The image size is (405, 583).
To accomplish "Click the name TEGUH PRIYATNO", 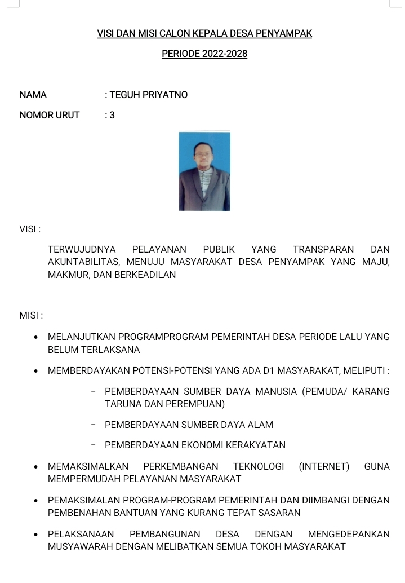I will [149, 95].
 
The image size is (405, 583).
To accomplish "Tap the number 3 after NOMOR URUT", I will [112, 116].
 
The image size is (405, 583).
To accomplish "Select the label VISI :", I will [30, 229].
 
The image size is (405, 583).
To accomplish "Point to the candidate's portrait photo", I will [204, 171].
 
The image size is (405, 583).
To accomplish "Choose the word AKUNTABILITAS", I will [84, 262].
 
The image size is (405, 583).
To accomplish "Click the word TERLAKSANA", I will [110, 350].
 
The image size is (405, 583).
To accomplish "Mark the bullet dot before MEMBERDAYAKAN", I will [36, 372].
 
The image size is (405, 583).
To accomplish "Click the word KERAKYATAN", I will [256, 445].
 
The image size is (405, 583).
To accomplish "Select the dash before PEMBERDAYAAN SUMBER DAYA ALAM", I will [93, 425].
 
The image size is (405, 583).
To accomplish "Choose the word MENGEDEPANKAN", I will [349, 534].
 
